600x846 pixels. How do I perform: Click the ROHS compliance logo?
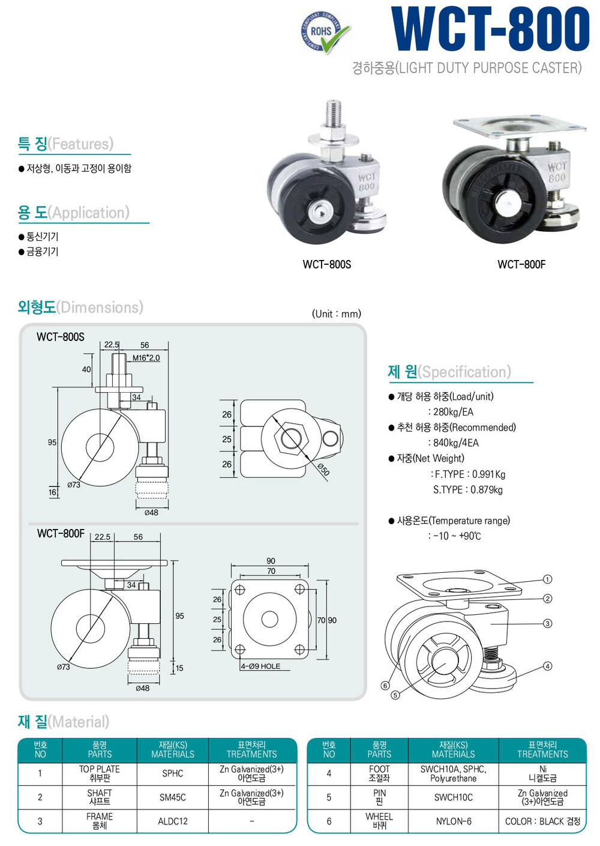(x=325, y=32)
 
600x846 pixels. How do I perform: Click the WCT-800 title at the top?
(x=490, y=29)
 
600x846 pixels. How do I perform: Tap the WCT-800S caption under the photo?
(x=327, y=264)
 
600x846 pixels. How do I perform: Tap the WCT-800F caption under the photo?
(x=521, y=264)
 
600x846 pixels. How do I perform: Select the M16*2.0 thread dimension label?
(x=146, y=358)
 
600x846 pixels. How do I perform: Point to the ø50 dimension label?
(x=323, y=470)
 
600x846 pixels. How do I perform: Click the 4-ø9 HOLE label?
(x=260, y=666)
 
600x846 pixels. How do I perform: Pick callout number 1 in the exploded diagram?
(x=547, y=579)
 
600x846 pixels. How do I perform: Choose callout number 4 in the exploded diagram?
(x=547, y=666)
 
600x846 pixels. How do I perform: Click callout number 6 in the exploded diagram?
(x=385, y=686)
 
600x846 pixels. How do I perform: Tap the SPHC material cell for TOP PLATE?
(x=173, y=774)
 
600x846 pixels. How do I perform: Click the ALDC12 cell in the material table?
(x=173, y=821)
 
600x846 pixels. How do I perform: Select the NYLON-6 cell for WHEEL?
(x=454, y=821)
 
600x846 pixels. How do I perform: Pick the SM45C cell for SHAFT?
(x=173, y=797)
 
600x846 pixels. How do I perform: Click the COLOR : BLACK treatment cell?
(x=542, y=821)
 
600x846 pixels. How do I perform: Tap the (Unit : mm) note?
(x=337, y=313)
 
